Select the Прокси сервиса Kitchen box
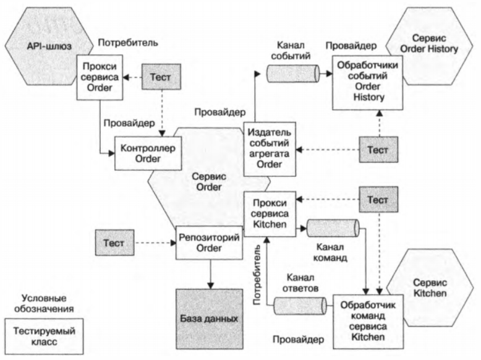point(271,212)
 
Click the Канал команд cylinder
point(325,229)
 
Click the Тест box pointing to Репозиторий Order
point(117,242)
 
